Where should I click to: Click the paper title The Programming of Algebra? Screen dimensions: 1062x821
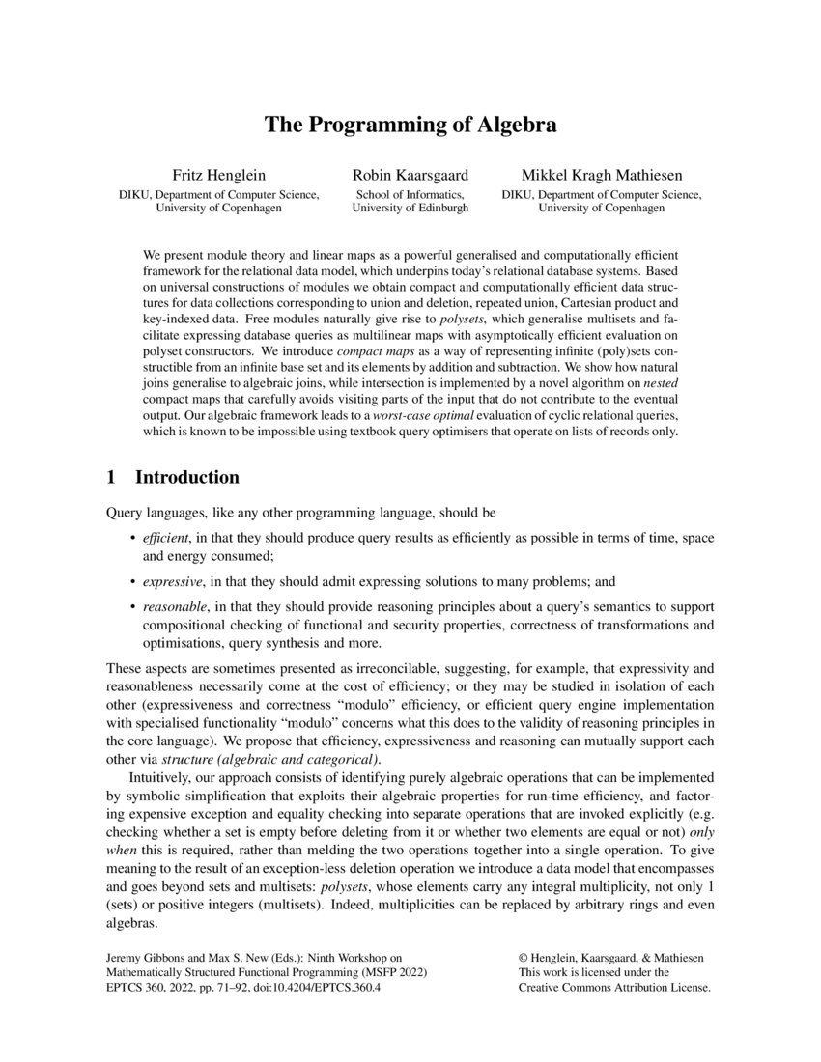point(410,126)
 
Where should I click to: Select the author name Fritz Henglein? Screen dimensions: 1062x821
point(218,175)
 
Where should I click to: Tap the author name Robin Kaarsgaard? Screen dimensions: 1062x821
point(410,175)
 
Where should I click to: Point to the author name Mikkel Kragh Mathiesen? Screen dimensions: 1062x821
point(601,175)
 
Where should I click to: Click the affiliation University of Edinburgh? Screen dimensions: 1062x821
point(410,208)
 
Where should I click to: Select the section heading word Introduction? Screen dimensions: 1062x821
point(187,478)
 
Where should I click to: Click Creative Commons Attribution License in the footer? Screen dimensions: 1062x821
point(614,988)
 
